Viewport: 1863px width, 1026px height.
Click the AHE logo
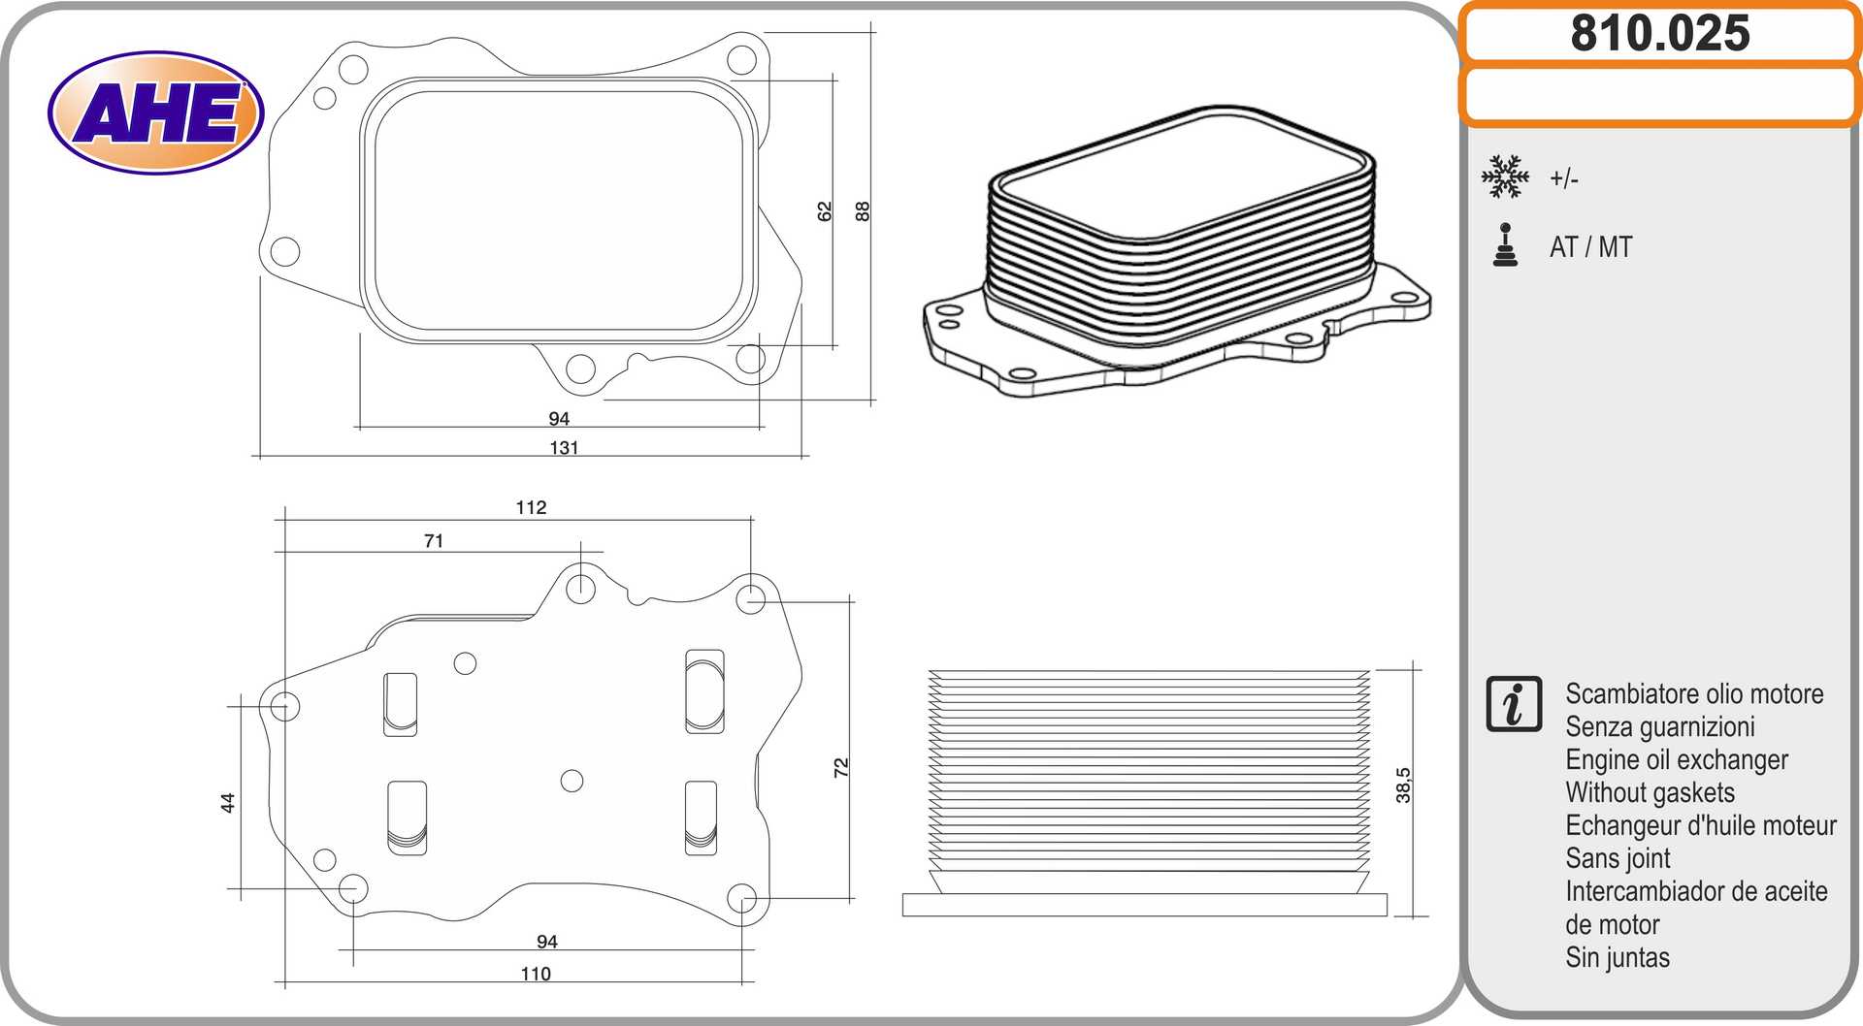(155, 112)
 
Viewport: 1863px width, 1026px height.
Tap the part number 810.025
(1659, 34)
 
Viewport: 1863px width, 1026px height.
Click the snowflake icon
(1504, 176)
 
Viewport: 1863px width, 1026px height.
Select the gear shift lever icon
(1505, 245)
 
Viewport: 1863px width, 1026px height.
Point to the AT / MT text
(1590, 247)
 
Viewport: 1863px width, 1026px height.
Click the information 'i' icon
(1513, 704)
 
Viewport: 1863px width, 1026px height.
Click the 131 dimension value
(564, 448)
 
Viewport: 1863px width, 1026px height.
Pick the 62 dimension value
(825, 211)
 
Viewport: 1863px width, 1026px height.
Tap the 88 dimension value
(863, 211)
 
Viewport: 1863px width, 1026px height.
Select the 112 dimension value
(531, 507)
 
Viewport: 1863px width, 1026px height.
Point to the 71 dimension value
(434, 541)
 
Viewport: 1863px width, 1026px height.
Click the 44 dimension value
(228, 803)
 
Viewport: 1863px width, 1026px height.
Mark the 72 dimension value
(841, 767)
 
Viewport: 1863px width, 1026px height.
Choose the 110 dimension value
(536, 974)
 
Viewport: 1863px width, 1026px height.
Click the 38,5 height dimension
(1403, 786)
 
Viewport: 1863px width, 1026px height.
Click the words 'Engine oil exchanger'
(1676, 760)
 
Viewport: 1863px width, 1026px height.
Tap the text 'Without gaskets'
(1650, 793)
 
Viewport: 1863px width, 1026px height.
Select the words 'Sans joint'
(1618, 858)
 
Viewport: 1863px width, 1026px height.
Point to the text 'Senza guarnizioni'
(1659, 727)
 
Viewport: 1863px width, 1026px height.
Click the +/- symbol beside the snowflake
(1563, 178)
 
